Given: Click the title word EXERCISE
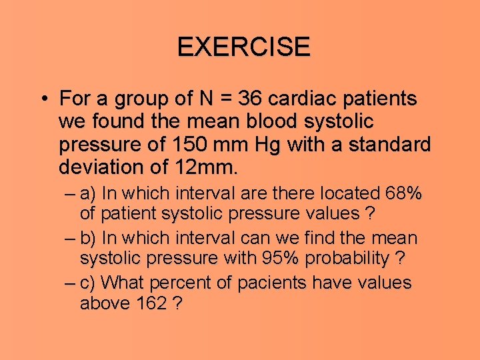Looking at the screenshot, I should point(243,47).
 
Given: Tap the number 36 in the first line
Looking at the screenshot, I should point(251,99).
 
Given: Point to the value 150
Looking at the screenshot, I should point(183,145).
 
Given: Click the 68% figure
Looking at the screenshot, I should point(403,194).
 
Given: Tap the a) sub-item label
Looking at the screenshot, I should point(88,194).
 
